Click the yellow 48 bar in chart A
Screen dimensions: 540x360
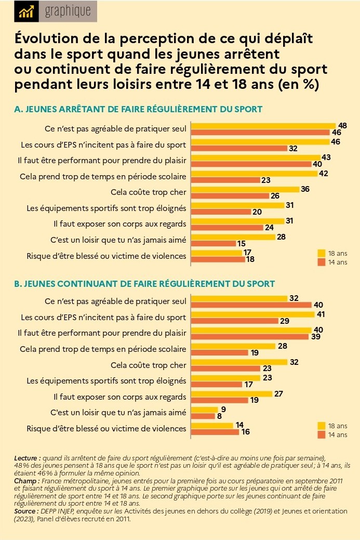[263, 125]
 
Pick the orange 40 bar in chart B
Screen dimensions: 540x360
[251, 305]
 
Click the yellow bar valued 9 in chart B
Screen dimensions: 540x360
[204, 410]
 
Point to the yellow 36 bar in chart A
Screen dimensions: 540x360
[245, 189]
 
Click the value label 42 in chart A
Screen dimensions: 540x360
[323, 173]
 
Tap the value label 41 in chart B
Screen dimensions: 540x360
[322, 314]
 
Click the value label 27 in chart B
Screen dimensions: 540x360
[278, 393]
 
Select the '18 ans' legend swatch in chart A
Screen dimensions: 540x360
[321, 253]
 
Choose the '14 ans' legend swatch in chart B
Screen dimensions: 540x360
[321, 434]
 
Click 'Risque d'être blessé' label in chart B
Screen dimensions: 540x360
[106, 429]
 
